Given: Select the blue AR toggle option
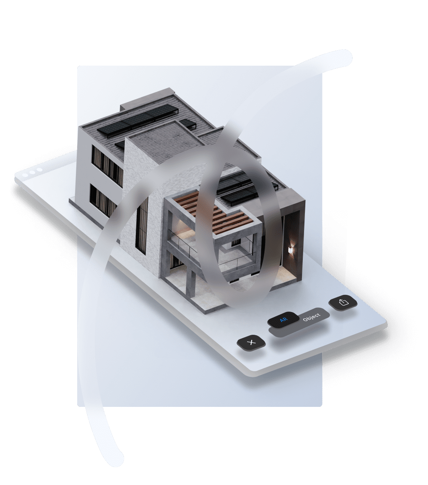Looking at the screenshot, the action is tap(283, 320).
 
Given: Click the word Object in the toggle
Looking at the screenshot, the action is tap(311, 317).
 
